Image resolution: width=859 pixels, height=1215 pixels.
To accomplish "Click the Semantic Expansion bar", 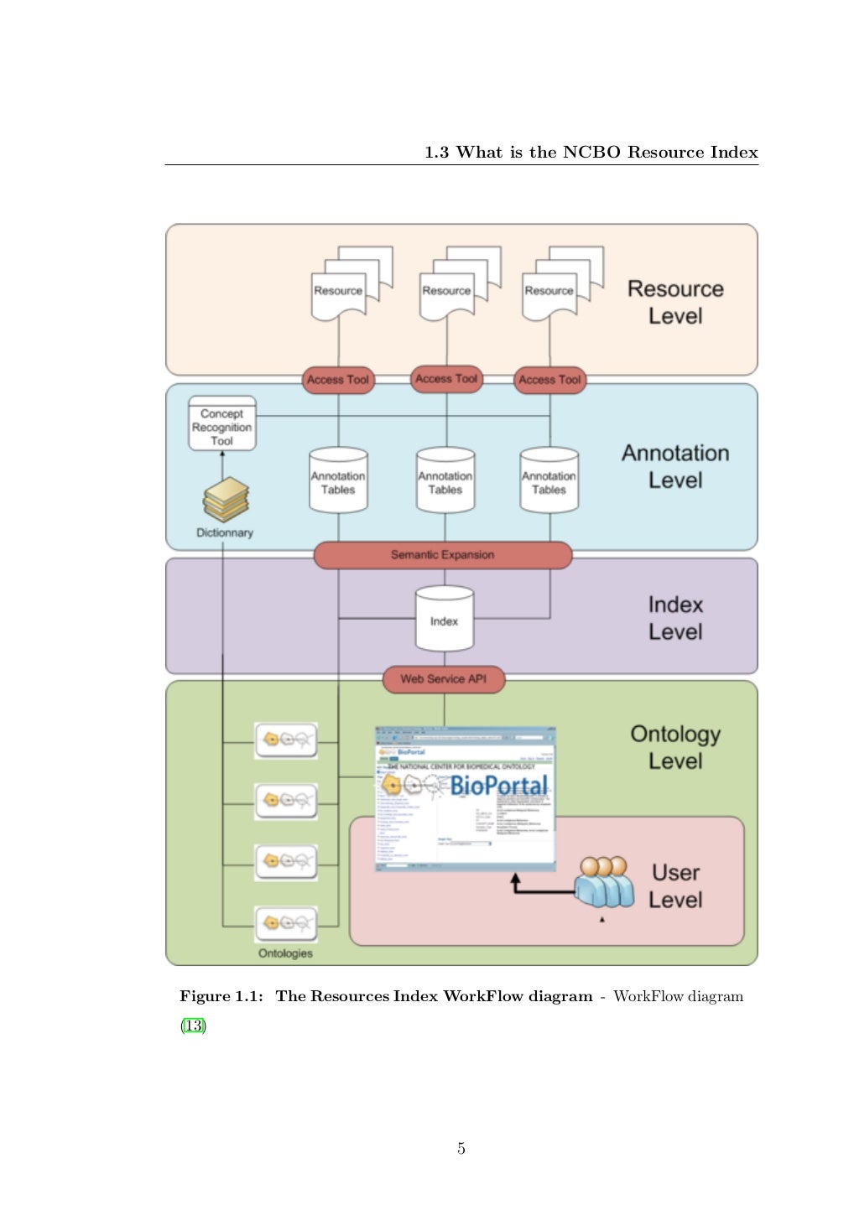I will tap(442, 555).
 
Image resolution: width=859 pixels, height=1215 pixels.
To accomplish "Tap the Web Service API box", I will tap(443, 679).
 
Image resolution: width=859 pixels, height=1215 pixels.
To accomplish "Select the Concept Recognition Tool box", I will tap(221, 425).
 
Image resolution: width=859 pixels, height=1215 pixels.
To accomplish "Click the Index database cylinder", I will tap(444, 620).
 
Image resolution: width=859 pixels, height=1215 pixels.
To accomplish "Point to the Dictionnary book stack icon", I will tap(226, 500).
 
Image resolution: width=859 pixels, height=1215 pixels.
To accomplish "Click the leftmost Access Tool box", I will tap(338, 380).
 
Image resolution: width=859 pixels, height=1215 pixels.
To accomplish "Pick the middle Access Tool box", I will tap(446, 379).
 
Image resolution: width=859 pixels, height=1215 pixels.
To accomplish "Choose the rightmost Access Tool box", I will tap(549, 380).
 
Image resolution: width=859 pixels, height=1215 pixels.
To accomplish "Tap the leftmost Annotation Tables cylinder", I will tap(338, 481).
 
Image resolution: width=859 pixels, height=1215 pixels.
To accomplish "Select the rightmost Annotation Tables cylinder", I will tap(549, 481).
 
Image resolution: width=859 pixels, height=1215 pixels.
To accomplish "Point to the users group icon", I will tap(604, 882).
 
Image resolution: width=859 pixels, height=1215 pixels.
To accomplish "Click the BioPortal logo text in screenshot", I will tap(498, 786).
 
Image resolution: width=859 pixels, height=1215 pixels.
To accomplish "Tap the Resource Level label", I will tap(675, 302).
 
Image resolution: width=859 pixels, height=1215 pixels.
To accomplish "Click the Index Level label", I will tap(675, 618).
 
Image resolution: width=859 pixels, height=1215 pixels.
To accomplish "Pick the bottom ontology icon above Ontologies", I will tap(286, 924).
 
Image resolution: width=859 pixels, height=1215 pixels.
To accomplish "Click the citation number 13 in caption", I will tap(193, 1025).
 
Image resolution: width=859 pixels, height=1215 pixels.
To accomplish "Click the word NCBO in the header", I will tap(591, 153).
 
